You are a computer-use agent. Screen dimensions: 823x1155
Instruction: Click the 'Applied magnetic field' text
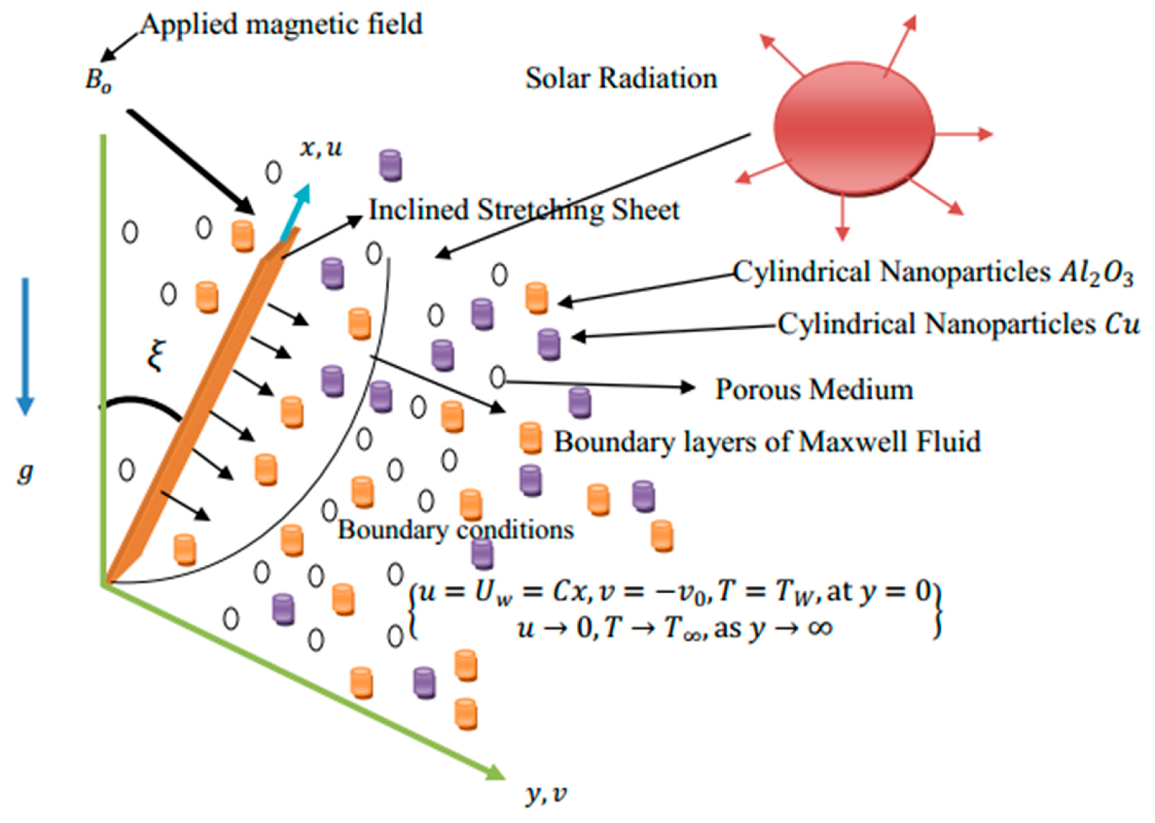pos(281,24)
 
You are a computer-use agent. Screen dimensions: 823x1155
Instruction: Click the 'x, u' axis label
pos(321,148)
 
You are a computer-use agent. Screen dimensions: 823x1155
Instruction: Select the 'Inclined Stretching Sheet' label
pos(524,210)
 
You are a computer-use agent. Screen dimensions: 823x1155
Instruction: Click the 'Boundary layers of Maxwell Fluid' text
pos(767,442)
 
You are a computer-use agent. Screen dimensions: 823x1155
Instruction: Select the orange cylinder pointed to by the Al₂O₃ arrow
pos(537,298)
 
